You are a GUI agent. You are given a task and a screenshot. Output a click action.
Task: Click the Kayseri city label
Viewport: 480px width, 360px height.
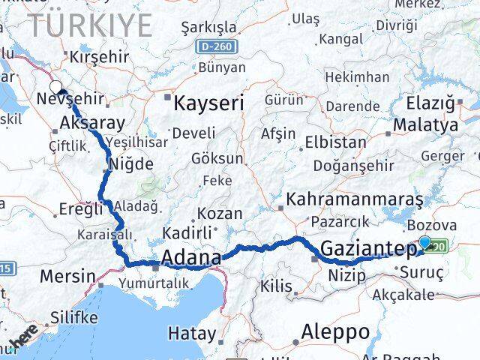point(208,103)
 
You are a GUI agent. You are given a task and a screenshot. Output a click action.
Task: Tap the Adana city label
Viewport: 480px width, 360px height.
point(190,259)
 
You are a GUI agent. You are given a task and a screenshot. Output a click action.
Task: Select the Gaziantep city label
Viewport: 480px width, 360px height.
point(370,250)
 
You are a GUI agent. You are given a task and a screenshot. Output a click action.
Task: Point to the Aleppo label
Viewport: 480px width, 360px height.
point(335,331)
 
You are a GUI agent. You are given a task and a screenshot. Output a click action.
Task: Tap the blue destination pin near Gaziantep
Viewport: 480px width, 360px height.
point(425,243)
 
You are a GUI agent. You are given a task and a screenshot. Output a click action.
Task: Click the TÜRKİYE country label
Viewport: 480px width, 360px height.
point(90,25)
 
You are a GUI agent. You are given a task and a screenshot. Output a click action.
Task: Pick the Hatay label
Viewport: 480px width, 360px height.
point(191,333)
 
